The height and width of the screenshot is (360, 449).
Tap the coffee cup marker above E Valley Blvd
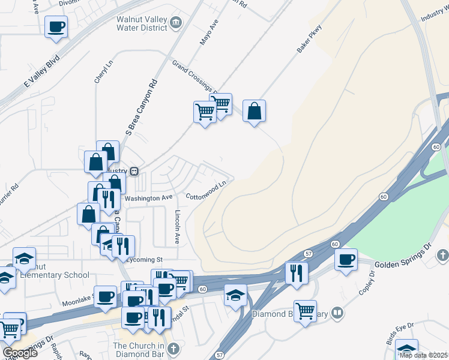(56, 28)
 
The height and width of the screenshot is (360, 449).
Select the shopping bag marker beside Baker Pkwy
(254, 112)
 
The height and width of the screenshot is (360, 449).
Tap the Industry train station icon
(134, 171)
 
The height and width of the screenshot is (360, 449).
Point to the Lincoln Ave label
(177, 226)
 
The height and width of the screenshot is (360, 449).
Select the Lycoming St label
(145, 260)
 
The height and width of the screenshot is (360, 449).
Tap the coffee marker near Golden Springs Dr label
(345, 260)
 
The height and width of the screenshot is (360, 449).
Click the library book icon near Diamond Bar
(338, 313)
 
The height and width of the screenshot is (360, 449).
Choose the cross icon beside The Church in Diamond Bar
(173, 349)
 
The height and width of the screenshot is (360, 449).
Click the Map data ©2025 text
(423, 355)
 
